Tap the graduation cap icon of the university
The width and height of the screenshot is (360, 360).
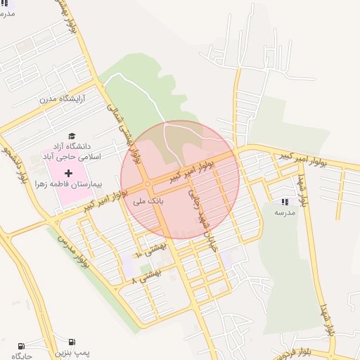click(x=72, y=136)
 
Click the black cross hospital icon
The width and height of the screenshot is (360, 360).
click(x=69, y=173)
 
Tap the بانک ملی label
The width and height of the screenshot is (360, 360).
click(x=148, y=200)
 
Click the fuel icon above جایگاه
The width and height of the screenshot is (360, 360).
click(x=22, y=345)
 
